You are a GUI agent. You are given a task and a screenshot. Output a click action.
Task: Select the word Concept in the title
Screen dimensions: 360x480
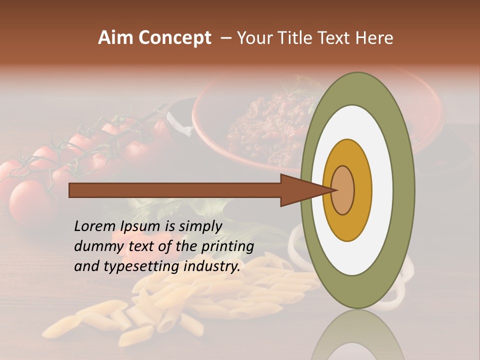click(x=175, y=37)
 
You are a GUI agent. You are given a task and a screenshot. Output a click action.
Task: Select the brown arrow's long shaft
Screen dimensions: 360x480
click(x=175, y=190)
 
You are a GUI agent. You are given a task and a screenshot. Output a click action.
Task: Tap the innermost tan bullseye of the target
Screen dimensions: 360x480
click(x=343, y=190)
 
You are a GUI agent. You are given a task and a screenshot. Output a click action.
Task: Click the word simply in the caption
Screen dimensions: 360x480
click(x=200, y=226)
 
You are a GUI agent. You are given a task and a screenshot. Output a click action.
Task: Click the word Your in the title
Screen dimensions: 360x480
click(x=253, y=37)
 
